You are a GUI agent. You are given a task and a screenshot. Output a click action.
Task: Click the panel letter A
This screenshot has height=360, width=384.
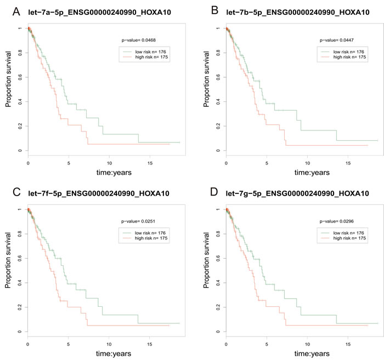pos(9,10)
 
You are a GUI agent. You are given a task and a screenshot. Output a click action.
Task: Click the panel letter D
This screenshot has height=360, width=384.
pos(207,192)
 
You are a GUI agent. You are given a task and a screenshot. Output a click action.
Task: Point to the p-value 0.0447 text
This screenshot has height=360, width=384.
pos(336,40)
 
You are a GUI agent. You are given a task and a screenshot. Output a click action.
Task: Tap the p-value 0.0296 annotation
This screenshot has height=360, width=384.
pos(336,221)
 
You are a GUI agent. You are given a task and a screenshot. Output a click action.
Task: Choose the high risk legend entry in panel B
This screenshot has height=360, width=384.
pos(347,57)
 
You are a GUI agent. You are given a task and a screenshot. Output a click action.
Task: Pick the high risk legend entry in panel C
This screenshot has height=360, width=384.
pos(149,238)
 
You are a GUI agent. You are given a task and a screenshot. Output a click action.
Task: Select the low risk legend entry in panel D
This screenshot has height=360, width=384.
pos(347,232)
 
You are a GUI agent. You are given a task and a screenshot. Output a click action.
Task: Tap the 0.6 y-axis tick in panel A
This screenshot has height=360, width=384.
pos(20,77)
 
